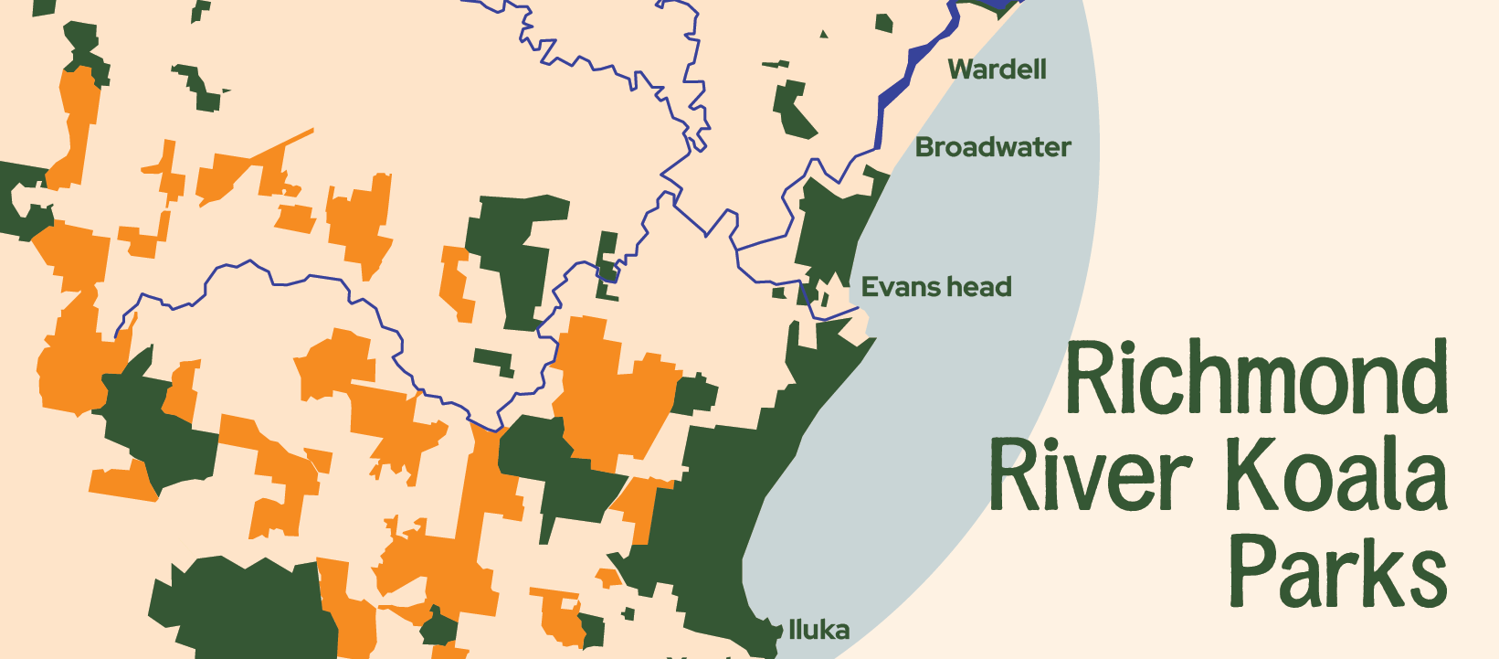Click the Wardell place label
pyautogui.click(x=997, y=69)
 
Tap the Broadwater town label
pyautogui.click(x=993, y=147)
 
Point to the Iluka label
pyautogui.click(x=818, y=630)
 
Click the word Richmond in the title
pyautogui.click(x=1257, y=377)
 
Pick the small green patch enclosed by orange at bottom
pyautogui.click(x=439, y=629)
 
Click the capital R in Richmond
pyautogui.click(x=1087, y=377)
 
